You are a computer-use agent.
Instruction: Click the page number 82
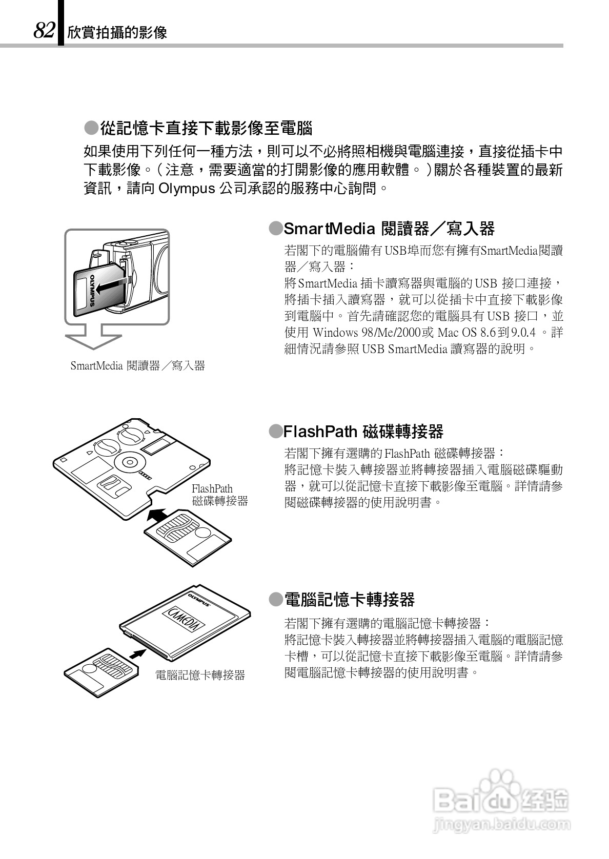coord(44,31)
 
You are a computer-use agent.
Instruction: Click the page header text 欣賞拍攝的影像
coord(117,33)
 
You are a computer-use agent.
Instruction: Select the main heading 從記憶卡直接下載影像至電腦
coord(206,128)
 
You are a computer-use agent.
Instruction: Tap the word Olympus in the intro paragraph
coord(187,189)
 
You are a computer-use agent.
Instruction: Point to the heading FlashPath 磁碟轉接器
coord(363,432)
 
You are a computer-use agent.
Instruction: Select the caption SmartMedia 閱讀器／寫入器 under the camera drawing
coord(137,365)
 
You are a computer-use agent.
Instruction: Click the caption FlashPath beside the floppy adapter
coord(212,488)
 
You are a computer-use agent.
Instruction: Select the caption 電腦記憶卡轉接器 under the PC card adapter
coord(200,675)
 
